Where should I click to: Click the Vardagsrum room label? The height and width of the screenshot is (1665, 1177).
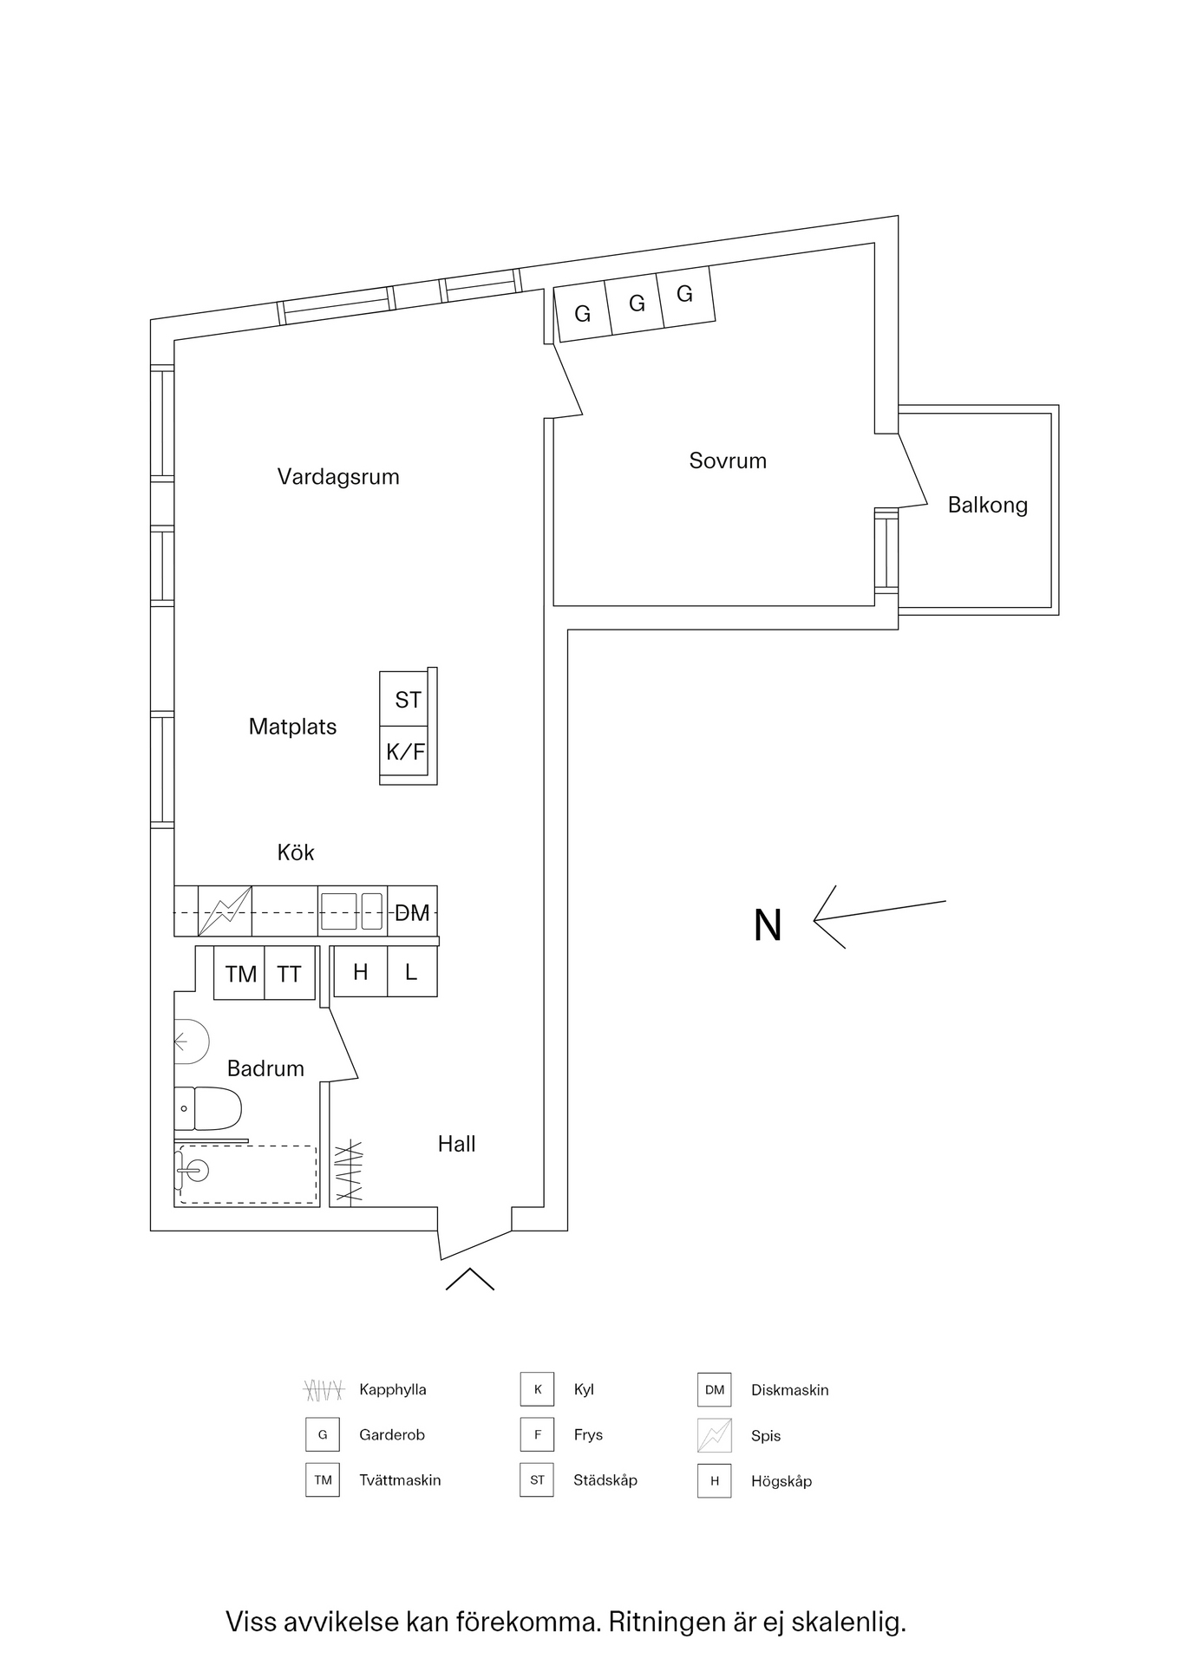[338, 477]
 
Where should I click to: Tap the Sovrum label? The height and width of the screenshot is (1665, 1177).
[728, 460]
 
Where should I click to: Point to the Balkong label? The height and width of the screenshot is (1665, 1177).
[987, 506]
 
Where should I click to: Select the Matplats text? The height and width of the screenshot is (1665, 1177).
[292, 727]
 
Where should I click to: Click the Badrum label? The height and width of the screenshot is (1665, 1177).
[265, 1068]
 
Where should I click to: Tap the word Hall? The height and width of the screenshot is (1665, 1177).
[456, 1144]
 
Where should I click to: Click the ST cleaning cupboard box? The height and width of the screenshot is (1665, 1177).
[404, 699]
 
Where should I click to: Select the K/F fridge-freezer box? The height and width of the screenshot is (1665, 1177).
[404, 753]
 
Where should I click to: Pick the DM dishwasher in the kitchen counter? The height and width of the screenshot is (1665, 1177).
[412, 911]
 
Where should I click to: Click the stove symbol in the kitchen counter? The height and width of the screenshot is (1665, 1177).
[226, 911]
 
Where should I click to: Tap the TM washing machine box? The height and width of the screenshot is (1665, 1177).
[239, 973]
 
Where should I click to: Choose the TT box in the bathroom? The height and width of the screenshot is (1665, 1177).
[290, 973]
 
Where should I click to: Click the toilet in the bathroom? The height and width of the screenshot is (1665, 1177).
[208, 1108]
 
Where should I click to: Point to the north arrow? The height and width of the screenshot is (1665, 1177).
[879, 916]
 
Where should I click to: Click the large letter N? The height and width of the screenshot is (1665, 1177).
[768, 925]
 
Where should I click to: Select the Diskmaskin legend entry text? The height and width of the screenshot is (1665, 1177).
[789, 1390]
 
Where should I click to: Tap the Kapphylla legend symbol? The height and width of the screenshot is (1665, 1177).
[324, 1390]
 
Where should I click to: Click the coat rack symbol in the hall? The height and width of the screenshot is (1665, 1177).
[348, 1172]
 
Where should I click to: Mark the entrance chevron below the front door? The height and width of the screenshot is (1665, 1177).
[470, 1279]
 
